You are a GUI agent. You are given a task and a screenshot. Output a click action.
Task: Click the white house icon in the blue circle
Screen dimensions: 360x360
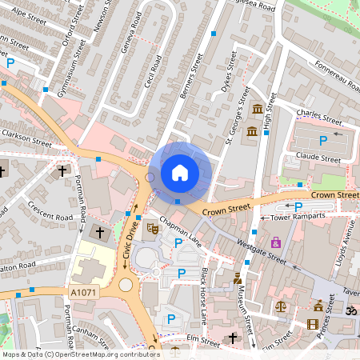(x=180, y=172)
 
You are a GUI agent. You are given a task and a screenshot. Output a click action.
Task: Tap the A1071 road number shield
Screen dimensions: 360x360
(x=83, y=293)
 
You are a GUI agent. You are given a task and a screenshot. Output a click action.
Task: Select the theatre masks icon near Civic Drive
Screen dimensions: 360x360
(x=150, y=228)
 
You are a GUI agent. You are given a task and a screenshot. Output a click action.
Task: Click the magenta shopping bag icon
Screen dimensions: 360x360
(x=277, y=242)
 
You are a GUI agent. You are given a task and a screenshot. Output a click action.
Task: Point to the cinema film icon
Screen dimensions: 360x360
(x=312, y=323)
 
